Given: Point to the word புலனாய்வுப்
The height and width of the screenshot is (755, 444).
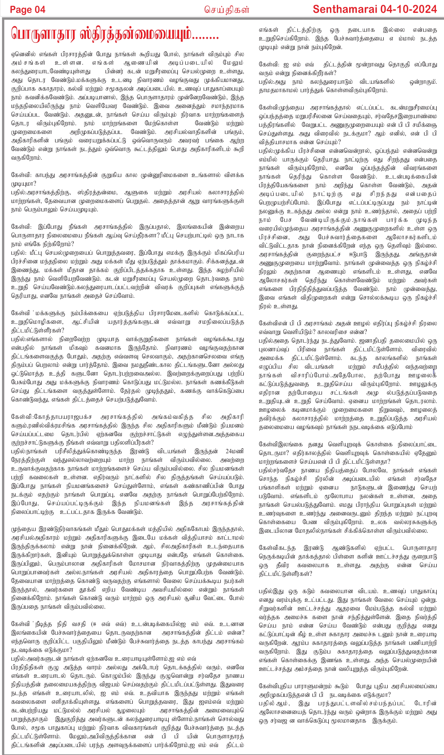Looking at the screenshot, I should tap(274, 349).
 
